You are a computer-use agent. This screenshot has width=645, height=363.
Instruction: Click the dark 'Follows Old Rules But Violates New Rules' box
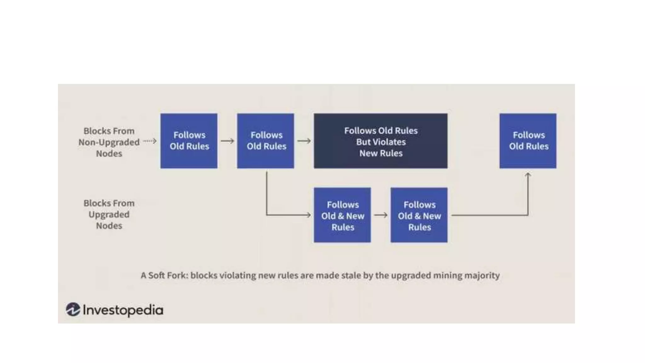coord(380,141)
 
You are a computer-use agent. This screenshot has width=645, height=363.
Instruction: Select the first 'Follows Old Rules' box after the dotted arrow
coord(189,141)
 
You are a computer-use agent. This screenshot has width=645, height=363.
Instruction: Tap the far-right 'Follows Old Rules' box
coord(528,141)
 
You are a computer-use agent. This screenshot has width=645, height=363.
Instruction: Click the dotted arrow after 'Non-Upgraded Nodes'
coord(150,141)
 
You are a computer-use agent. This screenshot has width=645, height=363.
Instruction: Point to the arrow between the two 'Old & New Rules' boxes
coord(381,215)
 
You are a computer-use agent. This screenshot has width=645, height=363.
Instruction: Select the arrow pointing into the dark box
coord(304,141)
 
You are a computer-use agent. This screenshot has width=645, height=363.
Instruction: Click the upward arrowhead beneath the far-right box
coord(528,175)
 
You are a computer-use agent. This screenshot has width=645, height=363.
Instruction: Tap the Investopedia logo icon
coord(73,309)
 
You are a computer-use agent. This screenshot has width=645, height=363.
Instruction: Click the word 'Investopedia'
coord(123,310)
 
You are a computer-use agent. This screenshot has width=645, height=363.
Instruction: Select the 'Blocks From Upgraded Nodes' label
coord(109,215)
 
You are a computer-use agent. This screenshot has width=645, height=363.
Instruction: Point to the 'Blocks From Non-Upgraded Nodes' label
coord(109,142)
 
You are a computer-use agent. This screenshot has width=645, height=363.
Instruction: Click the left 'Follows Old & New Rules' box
coord(342,215)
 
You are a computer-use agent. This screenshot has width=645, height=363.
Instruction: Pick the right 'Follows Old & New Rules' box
coord(419,215)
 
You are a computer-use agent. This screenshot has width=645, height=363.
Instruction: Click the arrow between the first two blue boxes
coord(227,141)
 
